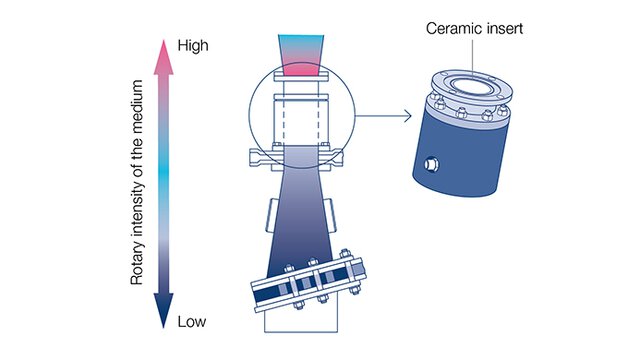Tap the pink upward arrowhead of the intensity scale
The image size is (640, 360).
click(164, 50)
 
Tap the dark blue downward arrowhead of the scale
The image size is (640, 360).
click(164, 318)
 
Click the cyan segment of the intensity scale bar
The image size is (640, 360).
click(164, 180)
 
